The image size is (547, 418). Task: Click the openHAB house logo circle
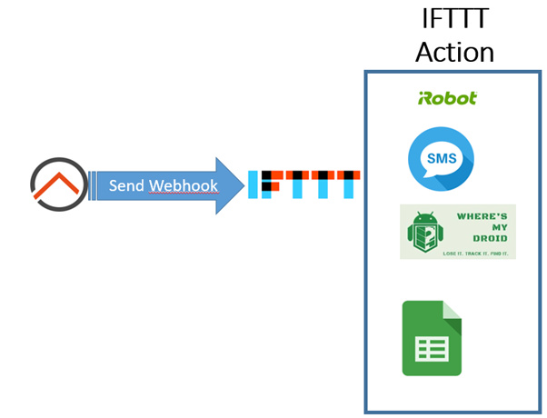[58, 185]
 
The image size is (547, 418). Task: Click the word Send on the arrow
[126, 185]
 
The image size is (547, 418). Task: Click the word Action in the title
[454, 51]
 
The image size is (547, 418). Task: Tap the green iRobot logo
[447, 98]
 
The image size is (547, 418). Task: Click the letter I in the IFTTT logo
[254, 184]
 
